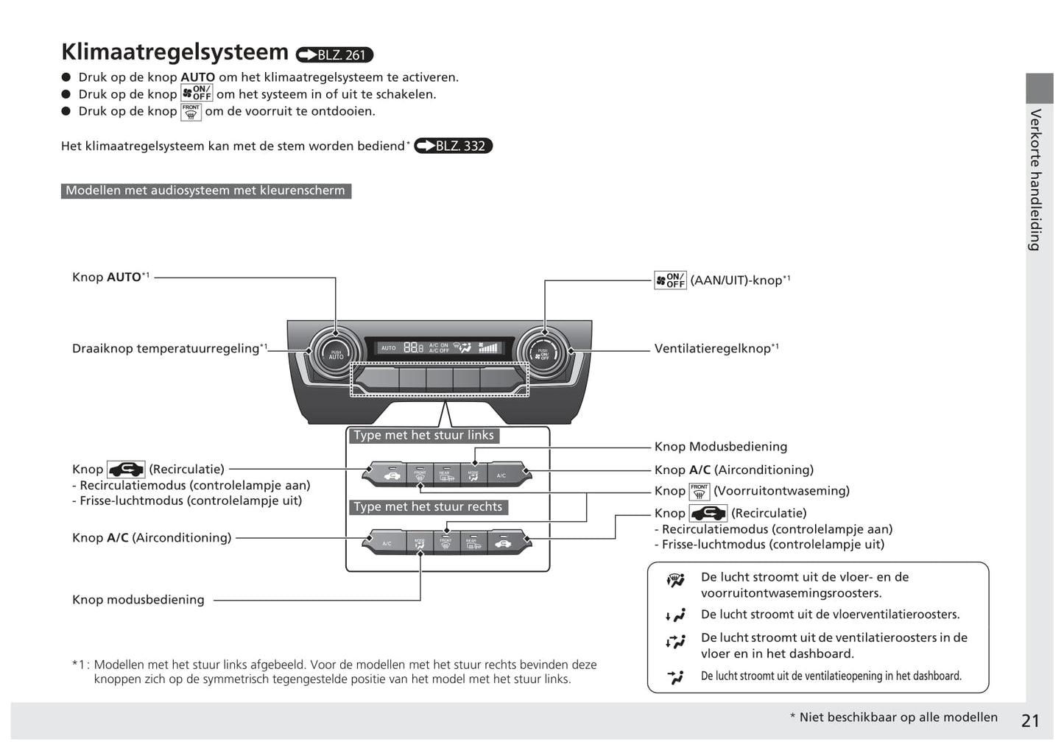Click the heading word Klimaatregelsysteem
(175, 52)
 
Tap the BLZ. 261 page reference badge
(334, 55)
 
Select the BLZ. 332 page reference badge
(453, 146)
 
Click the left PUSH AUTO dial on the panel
(336, 354)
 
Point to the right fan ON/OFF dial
(543, 354)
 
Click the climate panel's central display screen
(439, 347)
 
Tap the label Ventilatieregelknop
(712, 349)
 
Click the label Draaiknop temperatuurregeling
(166, 349)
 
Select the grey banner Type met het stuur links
(423, 436)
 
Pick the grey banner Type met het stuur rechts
(428, 507)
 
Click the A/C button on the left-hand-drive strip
(501, 475)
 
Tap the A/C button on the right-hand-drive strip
(387, 543)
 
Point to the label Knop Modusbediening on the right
(720, 447)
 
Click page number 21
(1030, 721)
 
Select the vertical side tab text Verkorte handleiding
(1036, 180)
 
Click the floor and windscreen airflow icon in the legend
(675, 581)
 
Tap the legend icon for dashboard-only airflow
(675, 676)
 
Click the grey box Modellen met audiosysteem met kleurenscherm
(205, 191)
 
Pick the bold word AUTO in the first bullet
(197, 77)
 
